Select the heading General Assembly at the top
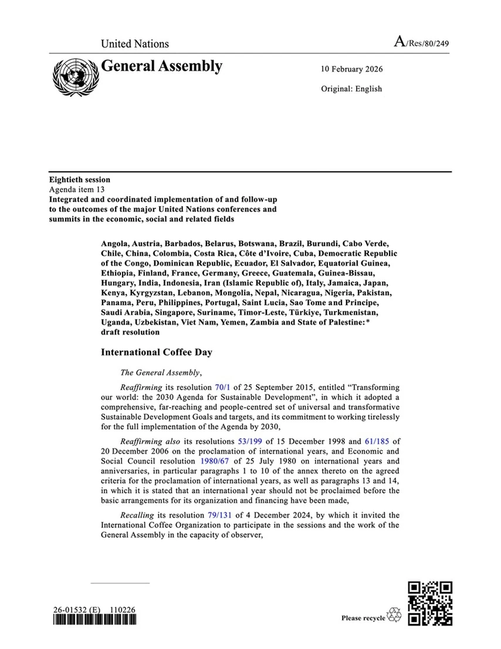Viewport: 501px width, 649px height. point(162,66)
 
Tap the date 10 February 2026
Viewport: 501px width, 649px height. point(351,69)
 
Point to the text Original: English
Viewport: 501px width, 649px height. point(351,89)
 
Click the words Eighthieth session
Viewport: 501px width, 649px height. point(79,180)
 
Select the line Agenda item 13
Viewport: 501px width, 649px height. point(77,190)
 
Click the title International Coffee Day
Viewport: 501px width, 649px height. point(156,352)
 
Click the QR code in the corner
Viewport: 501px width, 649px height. point(430,603)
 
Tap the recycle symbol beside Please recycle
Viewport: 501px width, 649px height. point(394,616)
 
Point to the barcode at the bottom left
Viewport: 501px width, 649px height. point(94,621)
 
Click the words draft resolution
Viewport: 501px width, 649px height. point(130,332)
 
